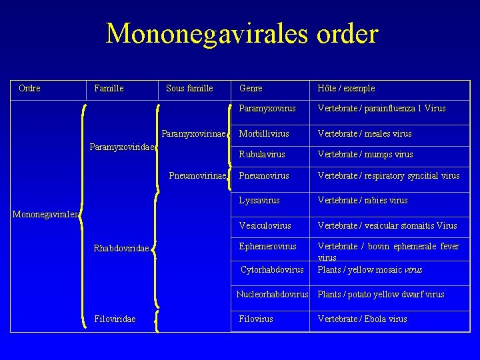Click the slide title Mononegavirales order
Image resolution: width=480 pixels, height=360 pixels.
pos(241,33)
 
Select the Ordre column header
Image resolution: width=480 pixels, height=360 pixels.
pos(29,88)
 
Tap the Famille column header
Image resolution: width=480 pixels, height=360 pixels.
pos(109,88)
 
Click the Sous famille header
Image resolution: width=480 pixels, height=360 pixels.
pos(189,88)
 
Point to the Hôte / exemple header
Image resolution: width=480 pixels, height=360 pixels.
pos(346,88)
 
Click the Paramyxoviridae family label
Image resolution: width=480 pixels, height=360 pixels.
pos(122,147)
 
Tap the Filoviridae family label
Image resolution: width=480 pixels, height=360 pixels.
pos(115,319)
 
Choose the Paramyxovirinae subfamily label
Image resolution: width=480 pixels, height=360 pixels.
pos(193,133)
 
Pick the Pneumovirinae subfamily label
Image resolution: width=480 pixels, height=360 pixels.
pos(197,176)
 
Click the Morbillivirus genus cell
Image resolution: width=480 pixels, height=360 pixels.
pos(264,133)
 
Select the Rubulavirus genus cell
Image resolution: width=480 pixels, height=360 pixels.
pos(262,154)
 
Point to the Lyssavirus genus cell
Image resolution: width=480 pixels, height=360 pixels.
pos(259,200)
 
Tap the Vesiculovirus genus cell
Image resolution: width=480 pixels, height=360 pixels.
pos(265,225)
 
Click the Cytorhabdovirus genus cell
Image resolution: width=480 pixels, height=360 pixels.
pos(272,269)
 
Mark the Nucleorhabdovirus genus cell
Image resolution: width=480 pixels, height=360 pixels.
pos(272,294)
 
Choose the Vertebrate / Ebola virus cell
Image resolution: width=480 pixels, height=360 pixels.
pos(362,319)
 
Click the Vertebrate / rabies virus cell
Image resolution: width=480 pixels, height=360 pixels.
pos(363,200)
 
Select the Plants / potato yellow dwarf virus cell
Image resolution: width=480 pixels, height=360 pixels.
pos(381,294)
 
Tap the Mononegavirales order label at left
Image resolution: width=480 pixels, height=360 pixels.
pos(45,214)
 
